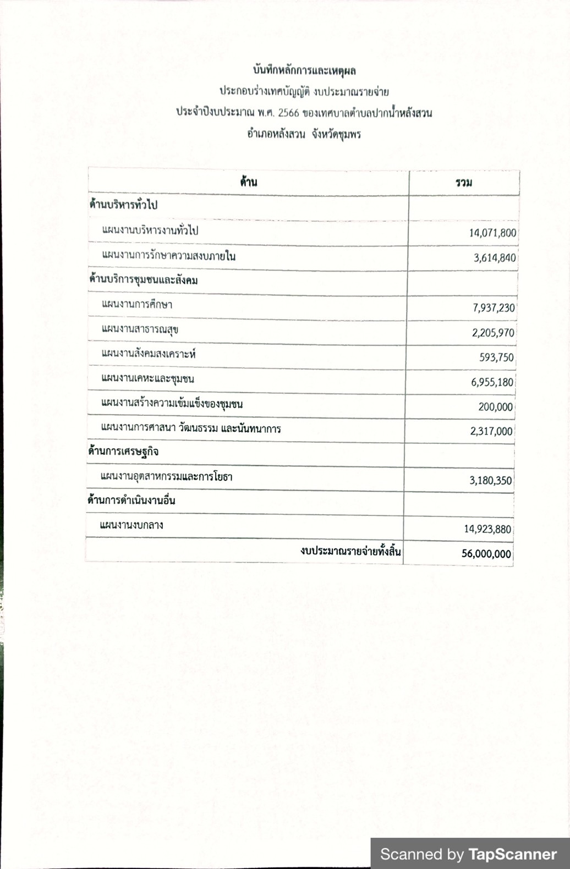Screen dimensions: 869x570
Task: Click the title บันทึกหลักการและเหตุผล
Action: click(x=304, y=70)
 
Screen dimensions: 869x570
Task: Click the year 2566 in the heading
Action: click(x=289, y=113)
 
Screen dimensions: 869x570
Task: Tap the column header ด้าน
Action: click(x=249, y=182)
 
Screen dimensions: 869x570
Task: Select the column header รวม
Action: click(x=464, y=183)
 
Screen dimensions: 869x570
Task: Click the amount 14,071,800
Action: click(x=492, y=233)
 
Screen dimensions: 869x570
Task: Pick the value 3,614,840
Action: click(x=495, y=258)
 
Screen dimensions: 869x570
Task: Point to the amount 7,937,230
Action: click(x=494, y=308)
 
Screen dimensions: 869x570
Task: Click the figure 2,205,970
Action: click(x=493, y=333)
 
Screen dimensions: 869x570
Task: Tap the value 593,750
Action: click(x=496, y=358)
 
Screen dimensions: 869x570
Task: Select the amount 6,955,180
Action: click(x=492, y=382)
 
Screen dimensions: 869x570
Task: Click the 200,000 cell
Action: click(x=495, y=407)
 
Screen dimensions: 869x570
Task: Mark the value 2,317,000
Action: click(x=491, y=432)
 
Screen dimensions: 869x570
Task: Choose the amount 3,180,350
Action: click(x=490, y=481)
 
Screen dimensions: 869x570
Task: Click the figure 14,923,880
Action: click(x=487, y=529)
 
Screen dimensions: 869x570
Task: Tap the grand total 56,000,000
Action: click(x=486, y=554)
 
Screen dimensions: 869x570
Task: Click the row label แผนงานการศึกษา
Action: click(x=137, y=304)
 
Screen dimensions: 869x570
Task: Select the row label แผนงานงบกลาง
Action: click(x=131, y=525)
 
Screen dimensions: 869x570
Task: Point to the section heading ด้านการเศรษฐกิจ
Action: click(x=123, y=452)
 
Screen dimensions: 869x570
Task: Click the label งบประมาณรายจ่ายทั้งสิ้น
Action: click(x=350, y=551)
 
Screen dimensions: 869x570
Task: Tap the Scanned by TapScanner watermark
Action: click(x=468, y=854)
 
